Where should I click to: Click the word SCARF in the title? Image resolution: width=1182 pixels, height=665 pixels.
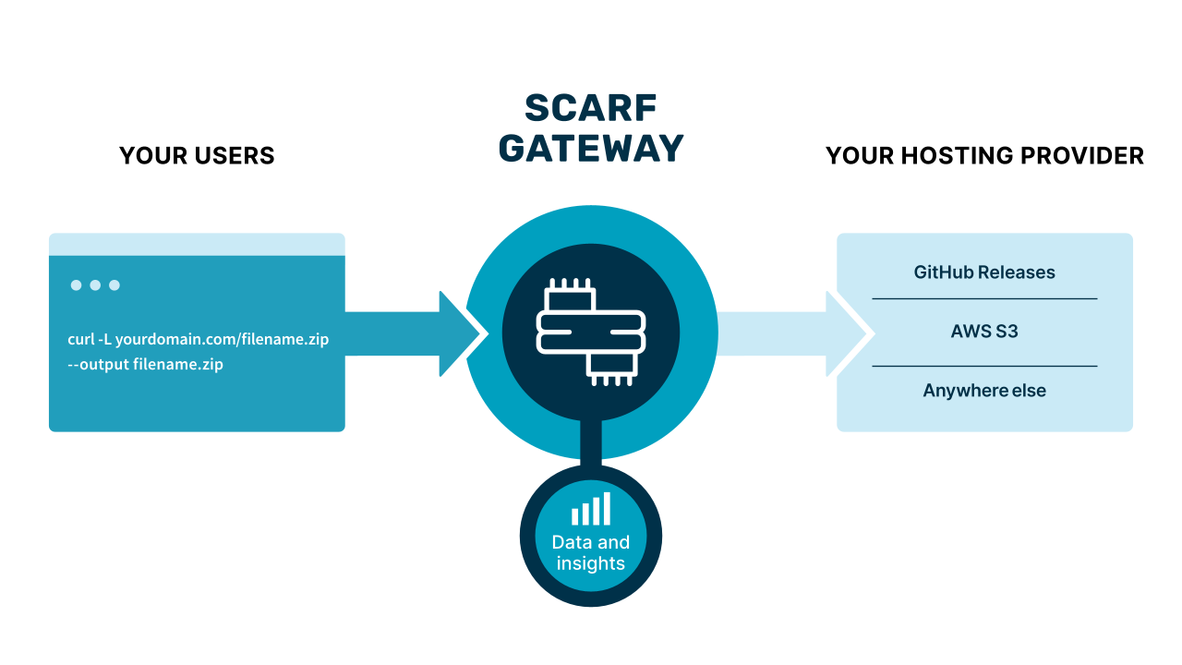point(591,108)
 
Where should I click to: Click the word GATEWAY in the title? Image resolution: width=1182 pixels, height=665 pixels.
point(591,148)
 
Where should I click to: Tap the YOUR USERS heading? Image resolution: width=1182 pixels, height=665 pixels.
point(197,156)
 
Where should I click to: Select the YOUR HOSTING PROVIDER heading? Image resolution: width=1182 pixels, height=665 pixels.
point(984,156)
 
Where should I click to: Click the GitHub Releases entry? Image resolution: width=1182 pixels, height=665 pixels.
point(984,272)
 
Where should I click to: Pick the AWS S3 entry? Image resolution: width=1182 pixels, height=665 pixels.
point(984,332)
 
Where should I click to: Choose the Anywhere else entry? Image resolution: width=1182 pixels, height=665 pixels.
point(984,391)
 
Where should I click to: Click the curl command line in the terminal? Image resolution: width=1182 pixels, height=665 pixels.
point(199,339)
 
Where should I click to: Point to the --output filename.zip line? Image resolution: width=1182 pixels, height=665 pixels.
point(146,365)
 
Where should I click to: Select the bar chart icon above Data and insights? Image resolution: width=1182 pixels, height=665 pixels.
point(591,509)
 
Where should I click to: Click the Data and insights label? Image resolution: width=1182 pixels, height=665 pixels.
point(591,552)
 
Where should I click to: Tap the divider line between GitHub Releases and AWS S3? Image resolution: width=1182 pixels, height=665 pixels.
point(984,298)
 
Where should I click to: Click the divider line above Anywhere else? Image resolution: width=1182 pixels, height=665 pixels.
point(984,366)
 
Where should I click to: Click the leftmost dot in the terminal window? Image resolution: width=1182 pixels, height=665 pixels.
point(77,285)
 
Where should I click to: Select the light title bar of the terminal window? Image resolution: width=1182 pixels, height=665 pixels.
point(197,244)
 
